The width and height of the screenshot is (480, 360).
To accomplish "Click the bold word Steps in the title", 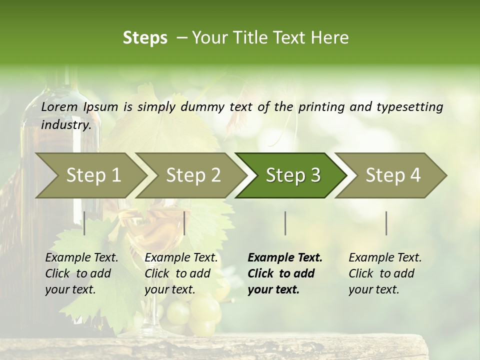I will pyautogui.click(x=145, y=38).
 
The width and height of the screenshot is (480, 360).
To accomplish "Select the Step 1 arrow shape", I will pyautogui.click(x=90, y=175).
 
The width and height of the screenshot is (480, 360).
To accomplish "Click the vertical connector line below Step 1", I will pyautogui.click(x=84, y=223).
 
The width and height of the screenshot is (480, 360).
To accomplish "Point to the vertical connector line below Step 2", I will pyautogui.click(x=184, y=223).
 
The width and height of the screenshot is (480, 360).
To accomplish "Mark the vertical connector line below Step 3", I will pyautogui.click(x=285, y=223).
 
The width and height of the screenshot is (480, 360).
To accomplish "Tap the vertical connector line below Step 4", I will pyautogui.click(x=386, y=223).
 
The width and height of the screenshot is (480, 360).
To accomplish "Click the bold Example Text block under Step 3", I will pyautogui.click(x=285, y=273).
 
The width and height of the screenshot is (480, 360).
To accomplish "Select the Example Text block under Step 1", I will pyautogui.click(x=81, y=273).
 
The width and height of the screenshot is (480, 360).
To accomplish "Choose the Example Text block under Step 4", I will pyautogui.click(x=385, y=273).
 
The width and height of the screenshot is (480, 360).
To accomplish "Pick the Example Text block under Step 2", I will pyautogui.click(x=181, y=273).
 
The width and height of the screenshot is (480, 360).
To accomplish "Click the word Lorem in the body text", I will pyautogui.click(x=59, y=106).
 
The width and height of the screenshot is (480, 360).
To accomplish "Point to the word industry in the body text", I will pyautogui.click(x=65, y=125).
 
